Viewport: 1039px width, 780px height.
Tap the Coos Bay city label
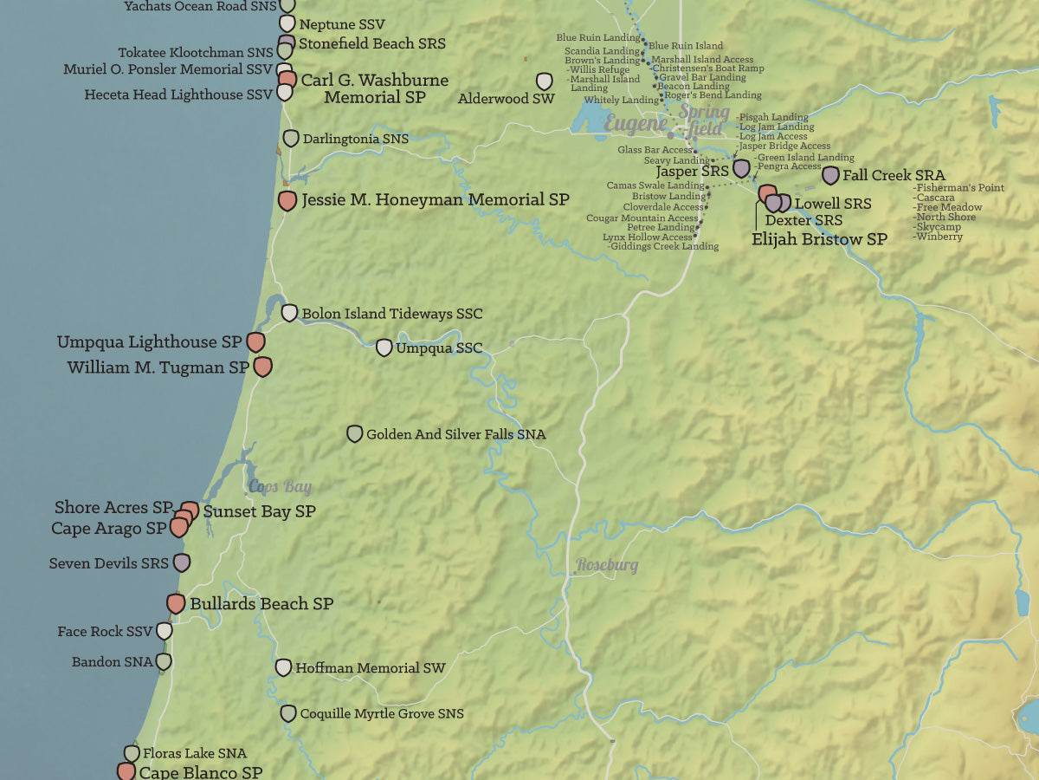coord(280,487)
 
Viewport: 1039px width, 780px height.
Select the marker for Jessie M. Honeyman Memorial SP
coord(287,201)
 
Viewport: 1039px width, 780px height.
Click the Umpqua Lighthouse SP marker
coord(255,341)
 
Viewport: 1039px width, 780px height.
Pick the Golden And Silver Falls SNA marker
coord(354,433)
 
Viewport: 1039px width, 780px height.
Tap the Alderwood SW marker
coord(545,81)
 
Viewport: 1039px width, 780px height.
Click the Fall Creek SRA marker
coord(830,175)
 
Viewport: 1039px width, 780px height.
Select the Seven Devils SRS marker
coord(182,562)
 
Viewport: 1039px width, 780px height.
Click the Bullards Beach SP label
coord(261,603)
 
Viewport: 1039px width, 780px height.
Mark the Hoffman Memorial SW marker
coord(283,667)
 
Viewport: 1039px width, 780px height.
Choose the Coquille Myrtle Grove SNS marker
coord(288,713)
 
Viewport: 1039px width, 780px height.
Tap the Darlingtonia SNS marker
coord(291,138)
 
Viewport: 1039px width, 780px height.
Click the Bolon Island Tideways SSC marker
coord(289,313)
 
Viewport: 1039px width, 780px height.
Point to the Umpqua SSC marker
coord(384,348)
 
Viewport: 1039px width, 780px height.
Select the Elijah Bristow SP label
coord(819,239)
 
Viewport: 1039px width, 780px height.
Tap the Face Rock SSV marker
coord(164,631)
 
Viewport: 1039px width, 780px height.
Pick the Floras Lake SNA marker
coord(132,753)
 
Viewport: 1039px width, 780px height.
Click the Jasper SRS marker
coord(741,168)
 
